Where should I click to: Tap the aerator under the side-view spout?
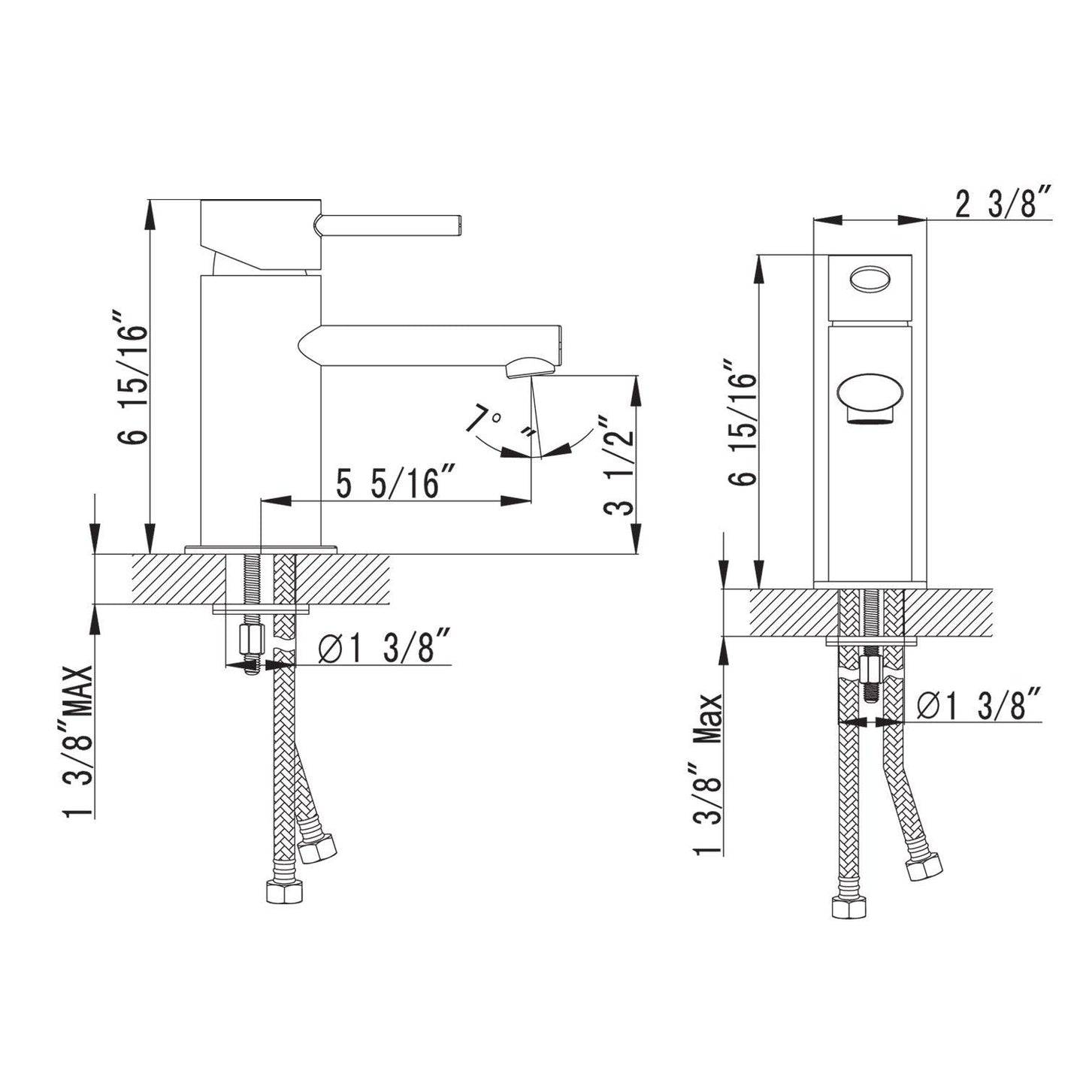(531, 368)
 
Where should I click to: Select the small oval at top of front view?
(870, 278)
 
